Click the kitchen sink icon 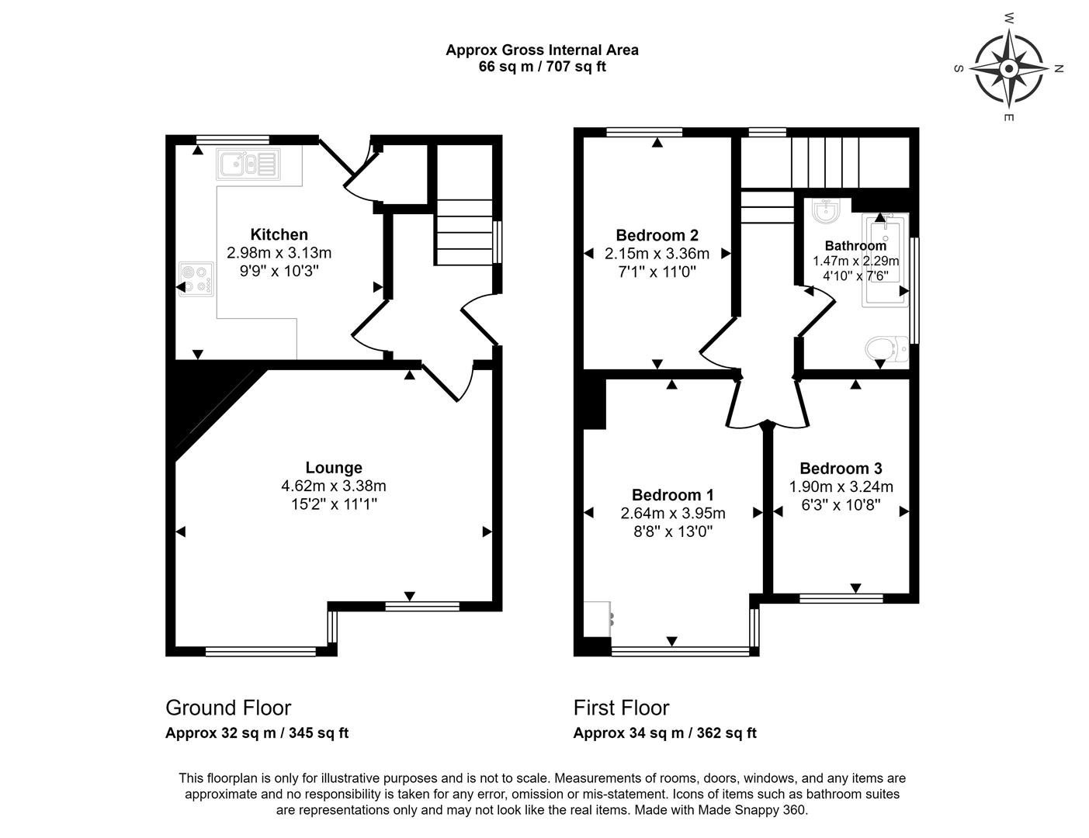point(248,164)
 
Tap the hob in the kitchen point(196,279)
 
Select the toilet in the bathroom point(886,348)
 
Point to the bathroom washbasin point(825,210)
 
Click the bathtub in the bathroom point(885,261)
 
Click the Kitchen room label point(279,234)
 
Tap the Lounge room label point(334,467)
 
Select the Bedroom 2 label point(657,235)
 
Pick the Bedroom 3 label point(841,469)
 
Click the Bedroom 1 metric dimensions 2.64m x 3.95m point(673,514)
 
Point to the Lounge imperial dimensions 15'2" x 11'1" point(334,504)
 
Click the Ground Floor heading point(228,708)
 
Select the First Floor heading point(621,708)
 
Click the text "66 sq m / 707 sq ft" point(543,67)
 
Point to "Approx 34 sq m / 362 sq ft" point(664,733)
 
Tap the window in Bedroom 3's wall point(841,597)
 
